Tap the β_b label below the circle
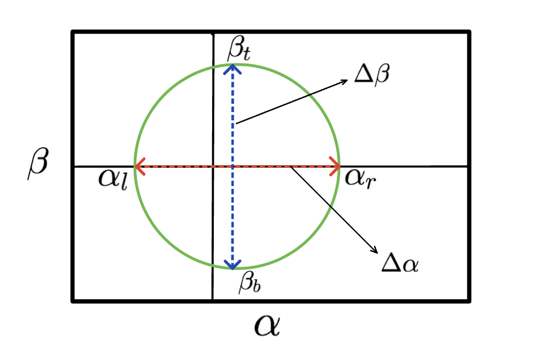247,283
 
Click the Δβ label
372,74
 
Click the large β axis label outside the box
39,164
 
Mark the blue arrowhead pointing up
233,68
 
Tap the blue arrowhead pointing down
233,264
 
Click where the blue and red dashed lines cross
233,166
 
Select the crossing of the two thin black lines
213,166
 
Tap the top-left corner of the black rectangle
73,32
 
